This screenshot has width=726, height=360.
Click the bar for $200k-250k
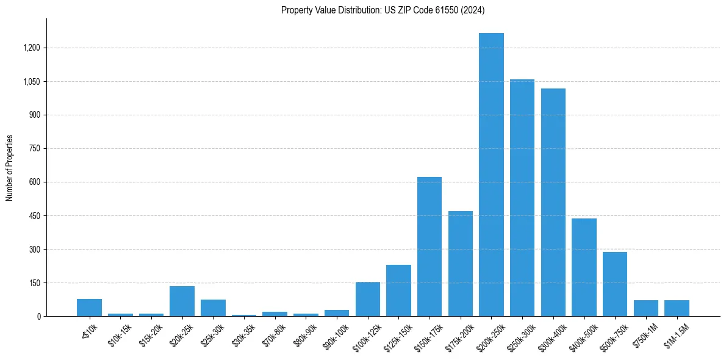(x=491, y=175)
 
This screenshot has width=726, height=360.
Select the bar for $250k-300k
(x=522, y=198)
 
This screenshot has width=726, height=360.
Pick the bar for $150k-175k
(x=429, y=247)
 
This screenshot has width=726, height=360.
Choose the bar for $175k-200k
(x=461, y=264)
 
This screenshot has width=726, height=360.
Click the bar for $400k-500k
(x=584, y=267)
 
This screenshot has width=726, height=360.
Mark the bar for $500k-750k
(x=615, y=284)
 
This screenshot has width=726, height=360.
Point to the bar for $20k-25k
(x=182, y=301)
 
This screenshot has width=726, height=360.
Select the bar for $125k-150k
(x=398, y=290)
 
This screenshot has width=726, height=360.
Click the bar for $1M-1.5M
(x=677, y=308)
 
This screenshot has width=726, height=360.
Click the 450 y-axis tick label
(x=34, y=216)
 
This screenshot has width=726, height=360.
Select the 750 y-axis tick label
(x=34, y=149)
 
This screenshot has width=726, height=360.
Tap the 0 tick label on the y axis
(x=38, y=317)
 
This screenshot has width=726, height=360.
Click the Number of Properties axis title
(x=10, y=167)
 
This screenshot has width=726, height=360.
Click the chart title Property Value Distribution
(x=383, y=10)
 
